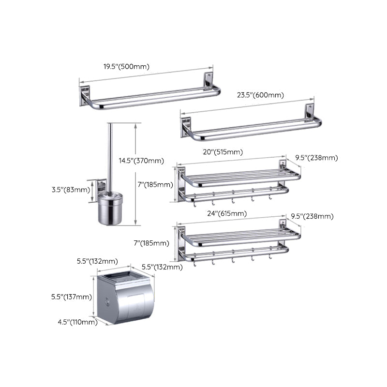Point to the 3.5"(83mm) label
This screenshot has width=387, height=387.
[x=71, y=190]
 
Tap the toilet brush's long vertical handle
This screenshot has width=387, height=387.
[x=110, y=155]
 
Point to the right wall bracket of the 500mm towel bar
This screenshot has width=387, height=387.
[x=208, y=80]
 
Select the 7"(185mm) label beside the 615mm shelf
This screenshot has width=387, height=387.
[x=151, y=243]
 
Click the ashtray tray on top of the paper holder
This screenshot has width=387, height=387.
[x=124, y=277]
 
